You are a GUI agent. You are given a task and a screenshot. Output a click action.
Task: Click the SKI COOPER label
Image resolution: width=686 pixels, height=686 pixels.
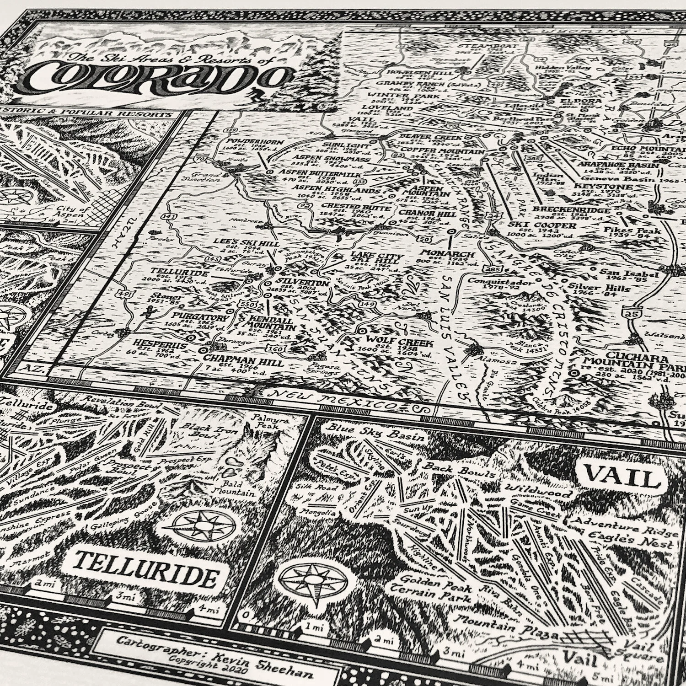pos(542,226)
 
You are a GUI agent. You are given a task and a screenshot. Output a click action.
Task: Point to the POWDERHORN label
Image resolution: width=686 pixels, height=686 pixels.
pos(255,142)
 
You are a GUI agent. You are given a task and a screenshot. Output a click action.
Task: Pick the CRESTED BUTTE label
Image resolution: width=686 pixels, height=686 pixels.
pos(362,208)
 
